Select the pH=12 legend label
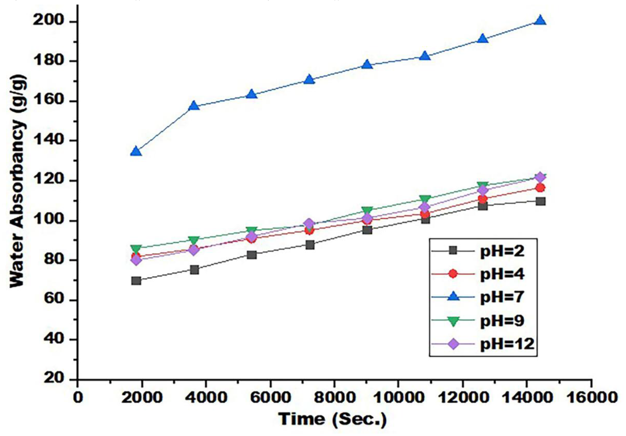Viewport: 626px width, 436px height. click(507, 344)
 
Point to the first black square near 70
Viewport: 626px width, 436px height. click(136, 281)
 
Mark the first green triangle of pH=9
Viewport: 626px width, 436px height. click(136, 249)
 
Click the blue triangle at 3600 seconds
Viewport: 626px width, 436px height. click(194, 106)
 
